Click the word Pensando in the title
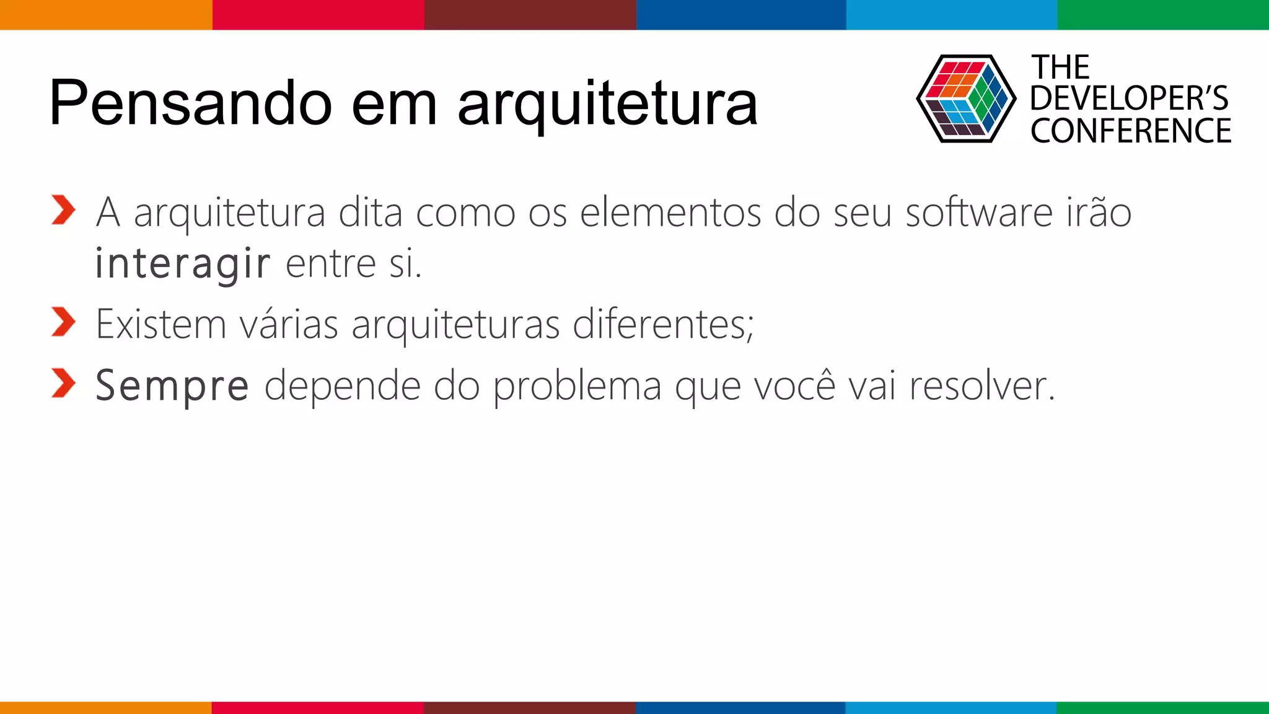190,103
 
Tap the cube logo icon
965,99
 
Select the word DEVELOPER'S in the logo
1129,99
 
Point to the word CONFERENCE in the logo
1131,131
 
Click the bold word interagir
183,264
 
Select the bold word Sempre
172,386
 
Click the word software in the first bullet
979,213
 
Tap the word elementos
670,213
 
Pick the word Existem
161,324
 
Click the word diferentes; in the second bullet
663,324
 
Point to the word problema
577,387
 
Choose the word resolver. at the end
981,386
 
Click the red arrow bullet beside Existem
63,322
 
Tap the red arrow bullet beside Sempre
63,383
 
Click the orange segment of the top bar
106,14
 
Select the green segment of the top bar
1163,14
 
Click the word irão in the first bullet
1099,213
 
